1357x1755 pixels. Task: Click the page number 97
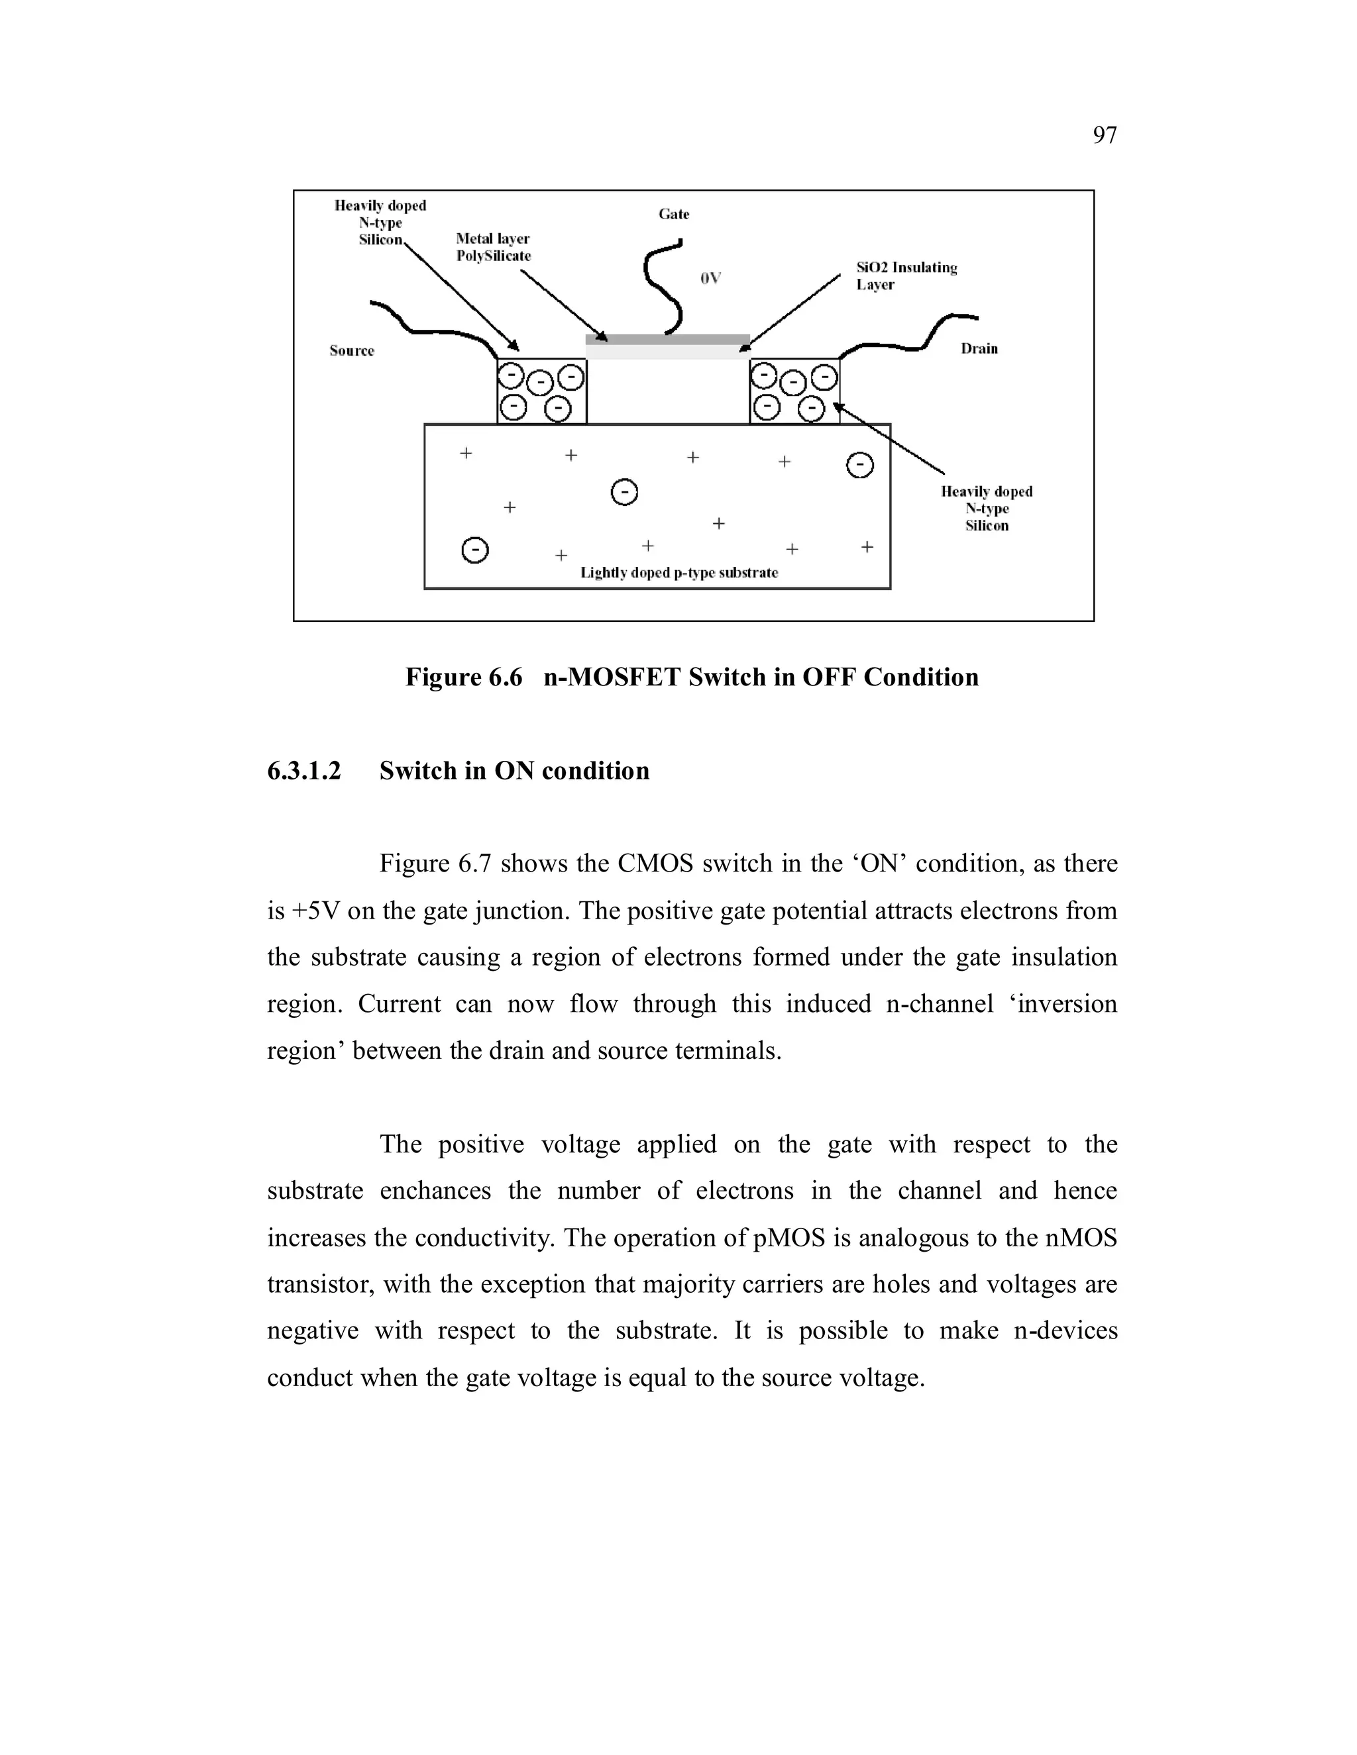1105,135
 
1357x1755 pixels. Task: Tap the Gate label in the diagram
674,214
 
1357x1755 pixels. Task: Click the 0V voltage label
711,278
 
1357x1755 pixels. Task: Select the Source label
351,350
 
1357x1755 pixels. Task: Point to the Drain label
979,348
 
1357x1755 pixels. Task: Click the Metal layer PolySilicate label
493,248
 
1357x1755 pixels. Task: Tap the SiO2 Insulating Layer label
906,276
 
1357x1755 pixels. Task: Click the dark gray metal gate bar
667,339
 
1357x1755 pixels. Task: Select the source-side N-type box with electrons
542,391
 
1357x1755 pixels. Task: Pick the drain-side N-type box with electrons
794,391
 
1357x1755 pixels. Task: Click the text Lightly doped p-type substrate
679,572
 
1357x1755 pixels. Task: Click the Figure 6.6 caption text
691,677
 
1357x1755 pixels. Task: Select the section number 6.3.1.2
304,771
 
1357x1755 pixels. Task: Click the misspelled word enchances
435,1191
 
